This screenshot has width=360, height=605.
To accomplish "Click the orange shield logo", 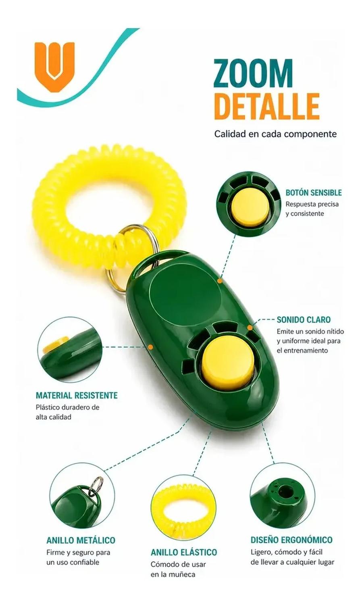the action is [x=54, y=67].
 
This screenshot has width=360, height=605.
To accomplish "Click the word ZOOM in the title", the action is [x=253, y=73].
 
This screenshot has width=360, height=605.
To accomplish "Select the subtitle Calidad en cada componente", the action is [x=275, y=134].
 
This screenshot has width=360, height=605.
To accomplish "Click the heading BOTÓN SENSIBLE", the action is [x=314, y=192].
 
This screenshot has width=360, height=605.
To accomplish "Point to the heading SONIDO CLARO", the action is [x=304, y=319].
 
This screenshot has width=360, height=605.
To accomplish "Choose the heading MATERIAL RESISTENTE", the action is [x=77, y=395].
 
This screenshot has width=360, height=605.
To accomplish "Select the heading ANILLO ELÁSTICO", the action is [x=184, y=552].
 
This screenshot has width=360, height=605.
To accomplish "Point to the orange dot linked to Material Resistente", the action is [x=151, y=346].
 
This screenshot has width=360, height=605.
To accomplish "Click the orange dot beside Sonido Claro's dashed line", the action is [x=250, y=328].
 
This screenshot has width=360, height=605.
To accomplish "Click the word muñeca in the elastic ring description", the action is [x=182, y=574].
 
